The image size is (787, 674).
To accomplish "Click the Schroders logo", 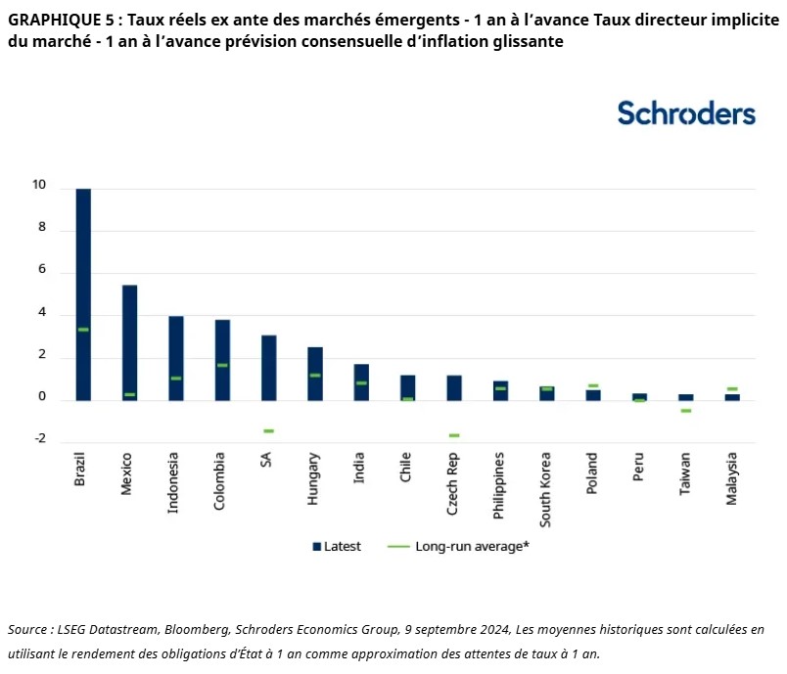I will coord(686,112).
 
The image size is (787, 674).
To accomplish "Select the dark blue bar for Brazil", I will coord(83,293).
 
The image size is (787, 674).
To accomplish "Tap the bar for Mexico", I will coord(129,342).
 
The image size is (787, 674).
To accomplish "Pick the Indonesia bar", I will coord(175,358).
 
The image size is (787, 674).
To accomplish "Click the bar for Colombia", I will coord(222,360).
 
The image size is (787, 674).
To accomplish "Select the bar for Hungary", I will coord(314,374).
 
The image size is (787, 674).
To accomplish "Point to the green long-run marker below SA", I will coord(268,430).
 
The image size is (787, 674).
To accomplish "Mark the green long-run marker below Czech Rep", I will coord(453,435).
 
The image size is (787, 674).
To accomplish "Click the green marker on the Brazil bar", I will coord(83,330).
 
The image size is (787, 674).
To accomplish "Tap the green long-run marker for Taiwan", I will coord(685,411).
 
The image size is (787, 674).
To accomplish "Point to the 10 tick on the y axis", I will coord(39,186).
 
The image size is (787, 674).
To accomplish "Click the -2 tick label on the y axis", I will coord(39,439).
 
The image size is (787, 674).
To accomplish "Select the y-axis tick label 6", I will coord(42,271).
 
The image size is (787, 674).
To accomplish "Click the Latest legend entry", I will coord(338,547).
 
